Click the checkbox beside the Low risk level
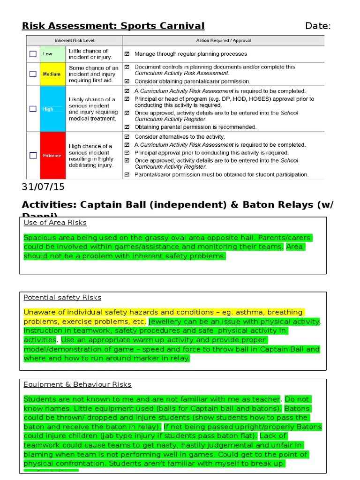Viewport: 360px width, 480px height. tap(33, 54)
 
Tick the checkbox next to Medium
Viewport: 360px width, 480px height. tap(33, 74)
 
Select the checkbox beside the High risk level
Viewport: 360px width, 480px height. tap(33, 109)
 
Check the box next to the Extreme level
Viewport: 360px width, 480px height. tap(33, 155)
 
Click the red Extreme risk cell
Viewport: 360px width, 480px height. tap(52, 156)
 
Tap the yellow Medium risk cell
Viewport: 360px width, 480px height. tap(52, 74)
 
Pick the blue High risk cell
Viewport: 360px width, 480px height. tap(52, 109)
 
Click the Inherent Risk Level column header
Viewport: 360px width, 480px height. tap(75, 40)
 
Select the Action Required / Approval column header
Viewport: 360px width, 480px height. tap(224, 40)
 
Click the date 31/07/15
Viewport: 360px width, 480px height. tap(43, 187)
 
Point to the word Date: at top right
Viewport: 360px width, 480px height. tap(318, 26)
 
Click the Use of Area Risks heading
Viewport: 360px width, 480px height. tap(55, 222)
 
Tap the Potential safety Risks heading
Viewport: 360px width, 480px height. tap(62, 297)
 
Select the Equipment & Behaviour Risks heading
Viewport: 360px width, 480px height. tap(77, 384)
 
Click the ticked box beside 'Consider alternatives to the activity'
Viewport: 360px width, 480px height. tap(127, 137)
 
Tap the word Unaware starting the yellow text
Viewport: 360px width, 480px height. tap(39, 312)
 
